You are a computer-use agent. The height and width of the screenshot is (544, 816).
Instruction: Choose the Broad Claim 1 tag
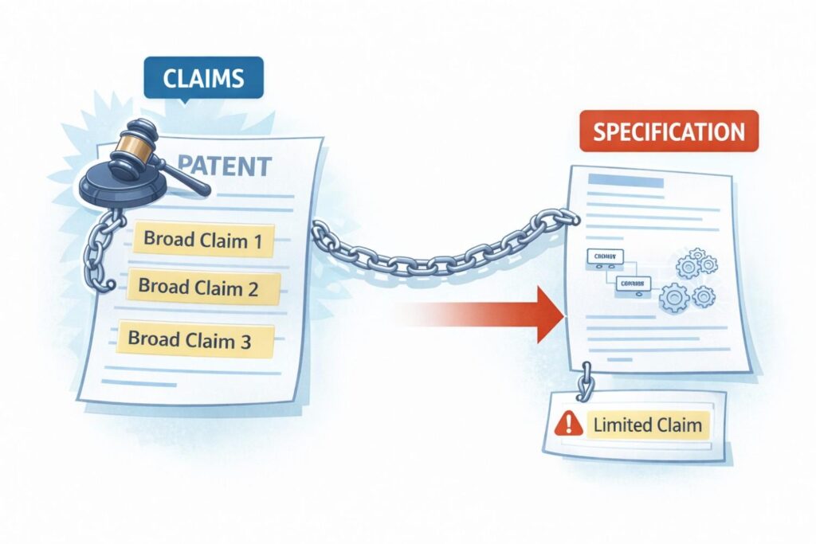(203, 240)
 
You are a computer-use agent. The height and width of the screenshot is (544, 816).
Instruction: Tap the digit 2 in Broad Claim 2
(253, 289)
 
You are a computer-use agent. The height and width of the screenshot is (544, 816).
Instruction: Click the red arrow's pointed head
(550, 314)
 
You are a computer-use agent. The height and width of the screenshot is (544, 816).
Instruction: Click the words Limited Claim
(647, 425)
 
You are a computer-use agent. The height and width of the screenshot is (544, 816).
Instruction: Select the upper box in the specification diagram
(604, 256)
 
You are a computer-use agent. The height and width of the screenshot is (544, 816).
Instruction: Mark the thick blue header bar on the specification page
(626, 182)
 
